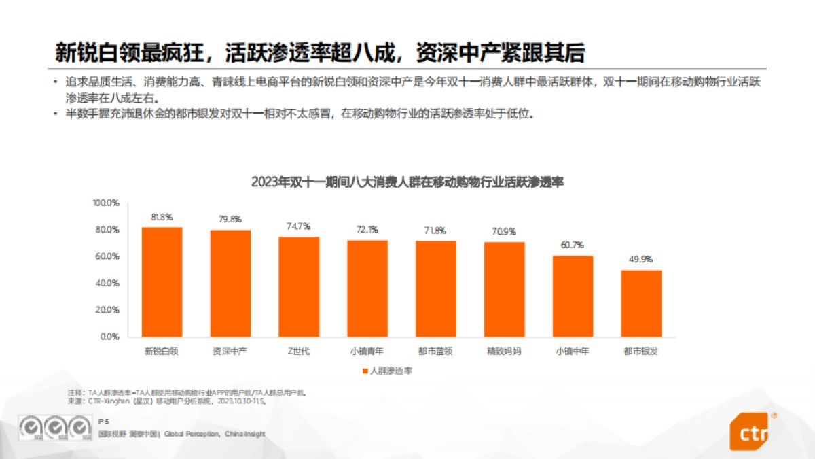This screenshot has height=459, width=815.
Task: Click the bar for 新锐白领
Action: click(162, 282)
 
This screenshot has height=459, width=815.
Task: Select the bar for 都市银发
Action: click(640, 303)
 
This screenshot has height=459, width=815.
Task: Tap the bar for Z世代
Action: click(299, 287)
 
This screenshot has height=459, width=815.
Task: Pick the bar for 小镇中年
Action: click(573, 296)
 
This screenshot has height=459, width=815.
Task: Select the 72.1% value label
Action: click(367, 230)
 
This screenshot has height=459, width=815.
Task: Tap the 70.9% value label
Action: click(504, 231)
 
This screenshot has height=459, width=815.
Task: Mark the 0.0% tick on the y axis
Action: click(110, 337)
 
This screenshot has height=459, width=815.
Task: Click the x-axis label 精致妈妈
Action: click(504, 352)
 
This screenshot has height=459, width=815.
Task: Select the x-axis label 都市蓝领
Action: click(435, 352)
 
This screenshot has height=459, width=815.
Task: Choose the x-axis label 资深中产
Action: click(230, 352)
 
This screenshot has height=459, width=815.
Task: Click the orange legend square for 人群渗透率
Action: click(365, 371)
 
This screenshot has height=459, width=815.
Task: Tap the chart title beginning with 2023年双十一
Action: click(407, 182)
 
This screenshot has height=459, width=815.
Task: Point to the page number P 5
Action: click(103, 422)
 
